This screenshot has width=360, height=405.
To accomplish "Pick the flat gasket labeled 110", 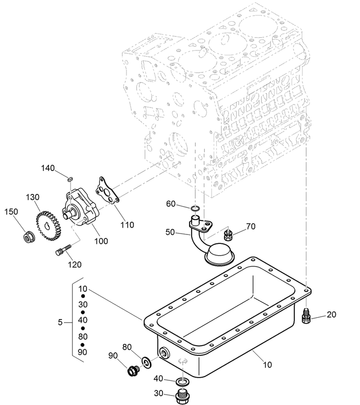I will point(107,192).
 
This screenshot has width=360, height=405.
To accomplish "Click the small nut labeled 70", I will point(228,233).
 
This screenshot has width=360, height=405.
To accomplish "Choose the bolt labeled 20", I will point(305,316).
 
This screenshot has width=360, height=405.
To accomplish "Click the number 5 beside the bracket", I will point(60,322).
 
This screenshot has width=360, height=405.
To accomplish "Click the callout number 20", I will point(331,315).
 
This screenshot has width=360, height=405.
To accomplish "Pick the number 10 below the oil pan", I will point(267,365).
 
